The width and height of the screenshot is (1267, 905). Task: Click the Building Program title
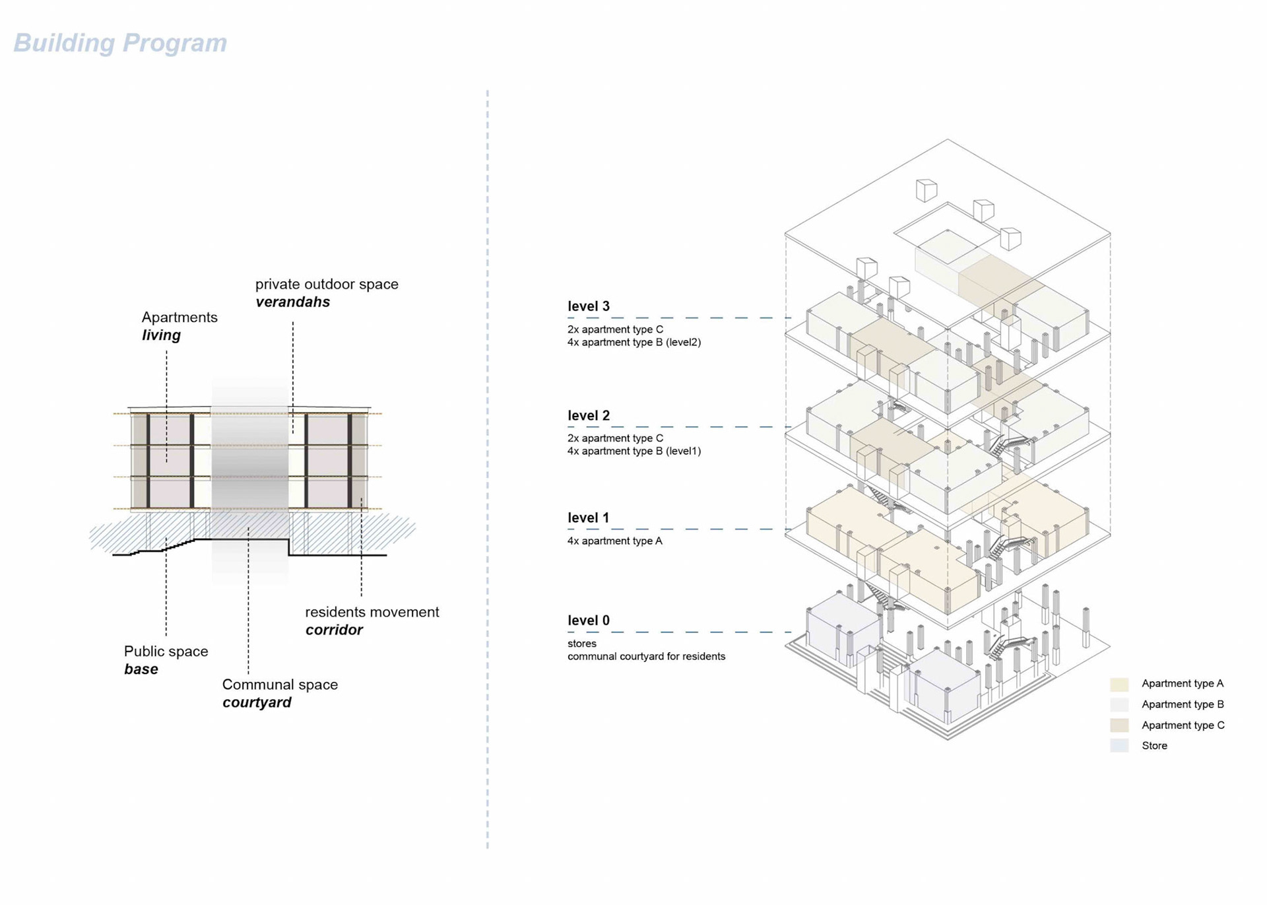120,43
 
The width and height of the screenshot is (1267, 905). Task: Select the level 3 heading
589,306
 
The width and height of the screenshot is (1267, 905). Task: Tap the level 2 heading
589,415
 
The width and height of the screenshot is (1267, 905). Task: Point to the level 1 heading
589,518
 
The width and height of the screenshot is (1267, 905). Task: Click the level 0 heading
589,620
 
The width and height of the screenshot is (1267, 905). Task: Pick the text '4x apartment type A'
614,541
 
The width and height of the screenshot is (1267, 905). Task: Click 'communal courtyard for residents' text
646,656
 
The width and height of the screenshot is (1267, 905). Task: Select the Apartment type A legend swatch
1119,684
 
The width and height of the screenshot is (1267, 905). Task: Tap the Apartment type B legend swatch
1119,704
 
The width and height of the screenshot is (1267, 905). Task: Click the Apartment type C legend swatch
1119,725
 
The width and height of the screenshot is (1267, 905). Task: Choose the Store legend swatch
1119,745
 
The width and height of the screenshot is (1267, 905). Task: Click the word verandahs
292,302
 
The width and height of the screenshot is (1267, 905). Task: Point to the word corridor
334,630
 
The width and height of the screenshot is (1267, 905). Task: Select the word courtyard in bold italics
257,702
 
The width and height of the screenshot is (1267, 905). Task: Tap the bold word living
161,335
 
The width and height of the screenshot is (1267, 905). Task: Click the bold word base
141,669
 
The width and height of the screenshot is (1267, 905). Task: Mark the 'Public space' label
166,651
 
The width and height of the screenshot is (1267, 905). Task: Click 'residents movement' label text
372,612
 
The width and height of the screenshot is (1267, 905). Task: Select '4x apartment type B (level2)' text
633,342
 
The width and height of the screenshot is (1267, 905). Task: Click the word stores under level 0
581,643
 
